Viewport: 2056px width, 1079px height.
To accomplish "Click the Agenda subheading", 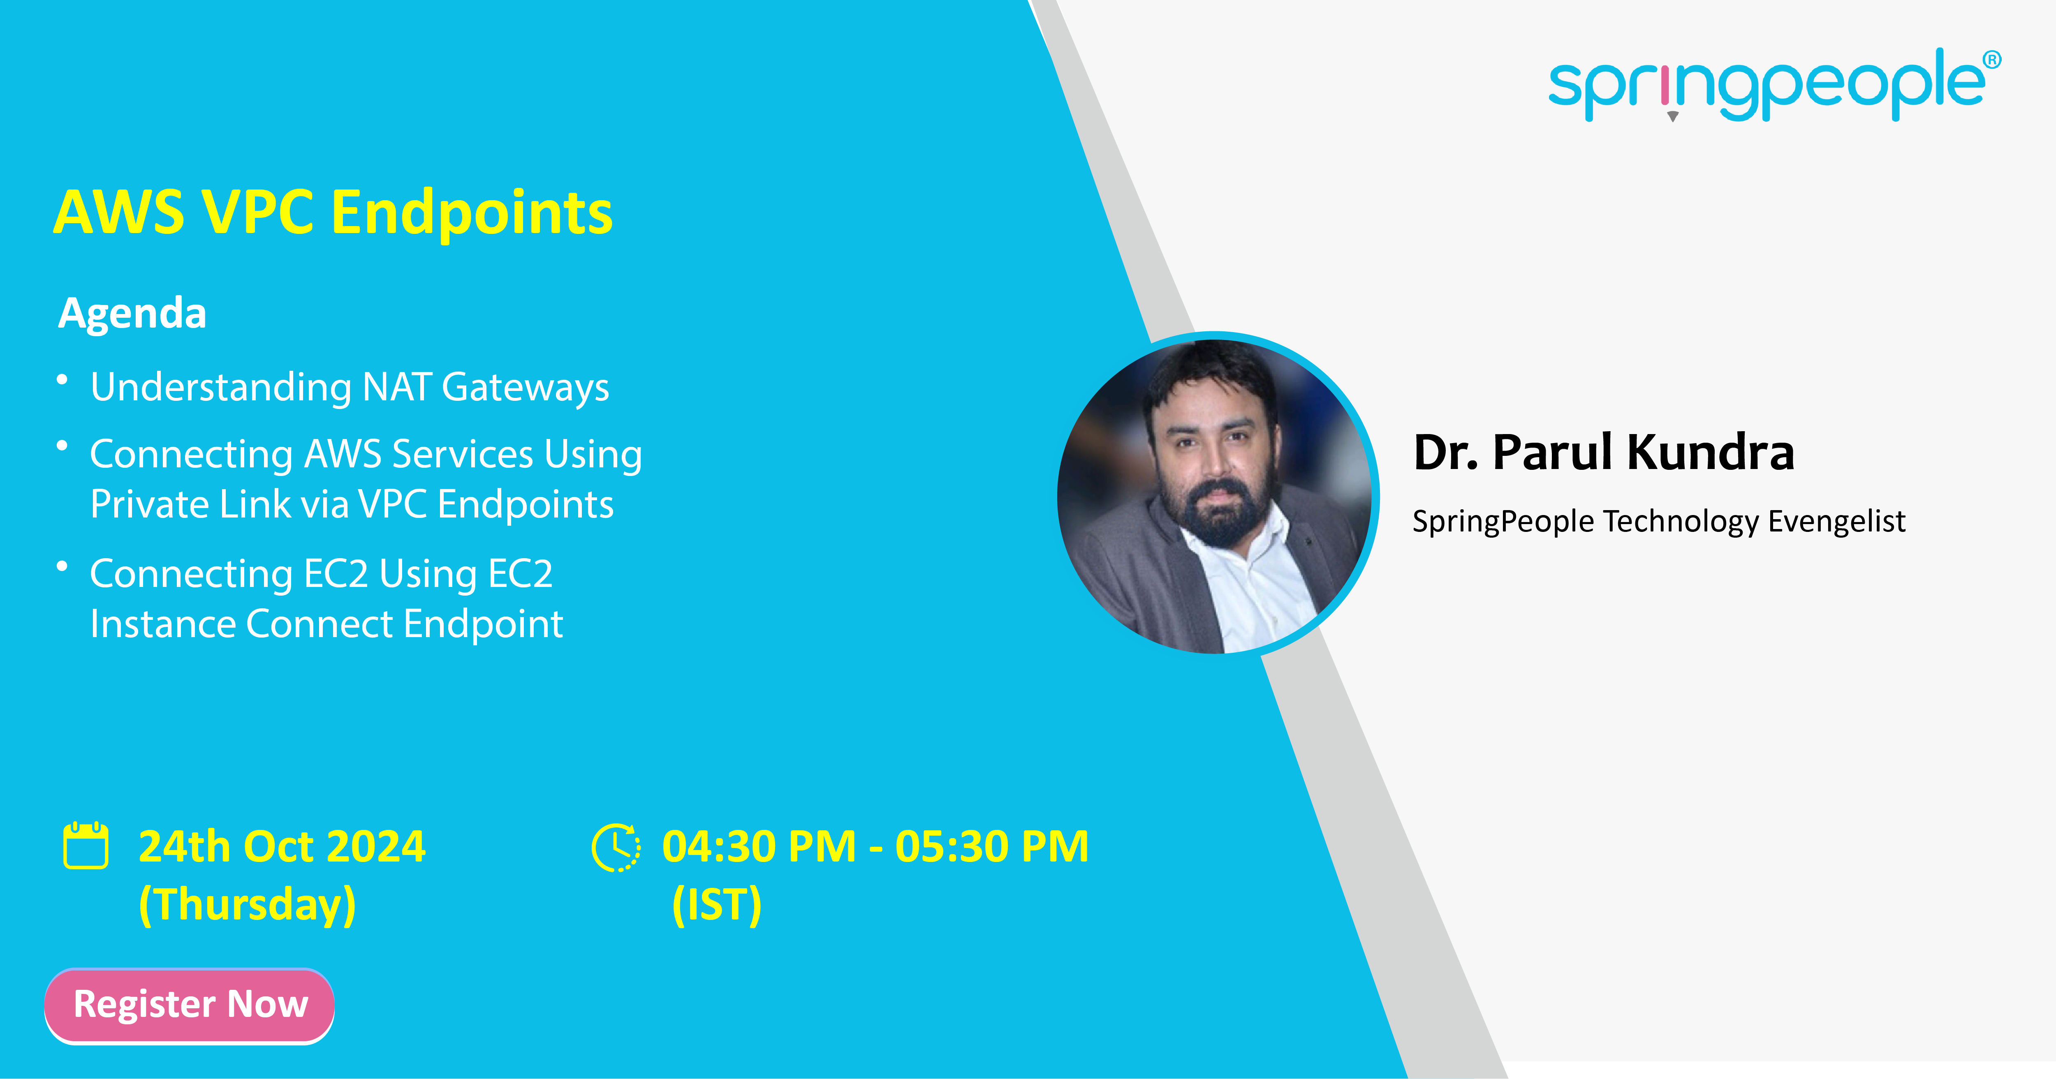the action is pyautogui.click(x=132, y=313).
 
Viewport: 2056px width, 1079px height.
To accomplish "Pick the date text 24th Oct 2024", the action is pyautogui.click(x=282, y=847).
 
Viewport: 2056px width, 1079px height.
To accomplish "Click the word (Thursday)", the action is pyautogui.click(x=248, y=904).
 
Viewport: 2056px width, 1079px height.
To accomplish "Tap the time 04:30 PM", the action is pyautogui.click(x=759, y=847).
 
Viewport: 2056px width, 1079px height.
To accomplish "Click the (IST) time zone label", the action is pyautogui.click(x=717, y=904).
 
